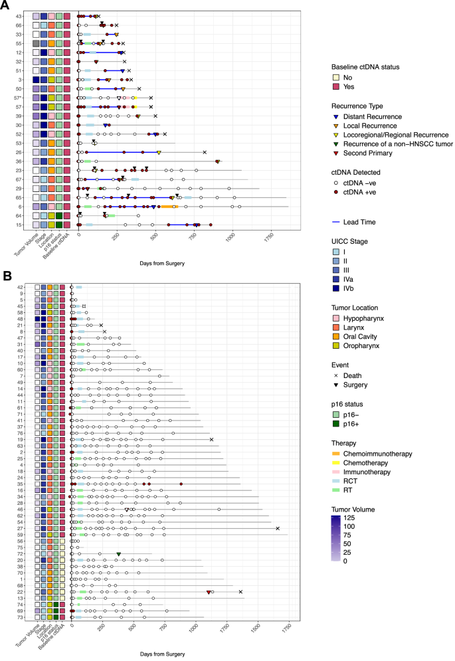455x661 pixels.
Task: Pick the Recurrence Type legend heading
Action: pos(360,105)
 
